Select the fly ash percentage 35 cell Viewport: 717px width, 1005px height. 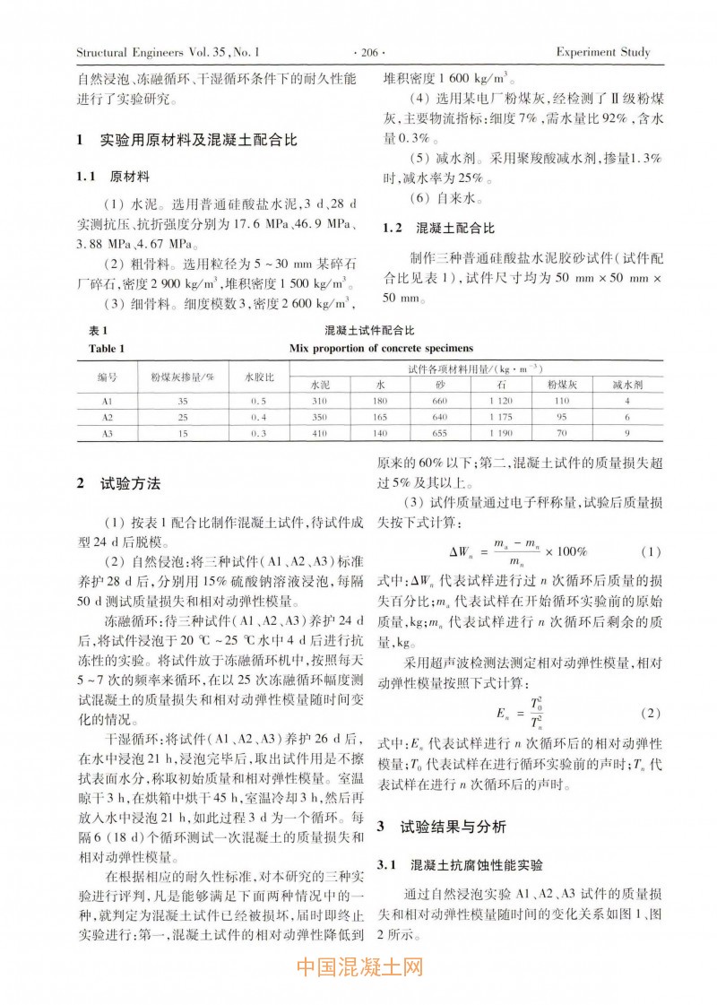(x=183, y=400)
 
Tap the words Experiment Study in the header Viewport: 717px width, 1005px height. (x=603, y=52)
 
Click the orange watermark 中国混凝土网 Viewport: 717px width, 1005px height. (x=358, y=968)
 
